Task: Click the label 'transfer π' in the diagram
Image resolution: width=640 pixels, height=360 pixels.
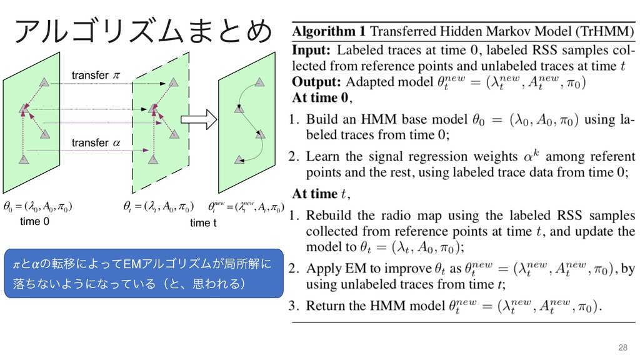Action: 94,76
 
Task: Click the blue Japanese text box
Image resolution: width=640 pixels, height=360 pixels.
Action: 144,273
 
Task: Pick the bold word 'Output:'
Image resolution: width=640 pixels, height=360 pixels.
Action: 317,81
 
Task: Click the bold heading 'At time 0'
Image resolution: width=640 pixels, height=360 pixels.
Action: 321,97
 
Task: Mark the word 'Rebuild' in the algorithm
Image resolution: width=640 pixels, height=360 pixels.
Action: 332,216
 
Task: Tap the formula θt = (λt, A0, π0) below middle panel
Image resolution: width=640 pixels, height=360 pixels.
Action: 159,206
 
